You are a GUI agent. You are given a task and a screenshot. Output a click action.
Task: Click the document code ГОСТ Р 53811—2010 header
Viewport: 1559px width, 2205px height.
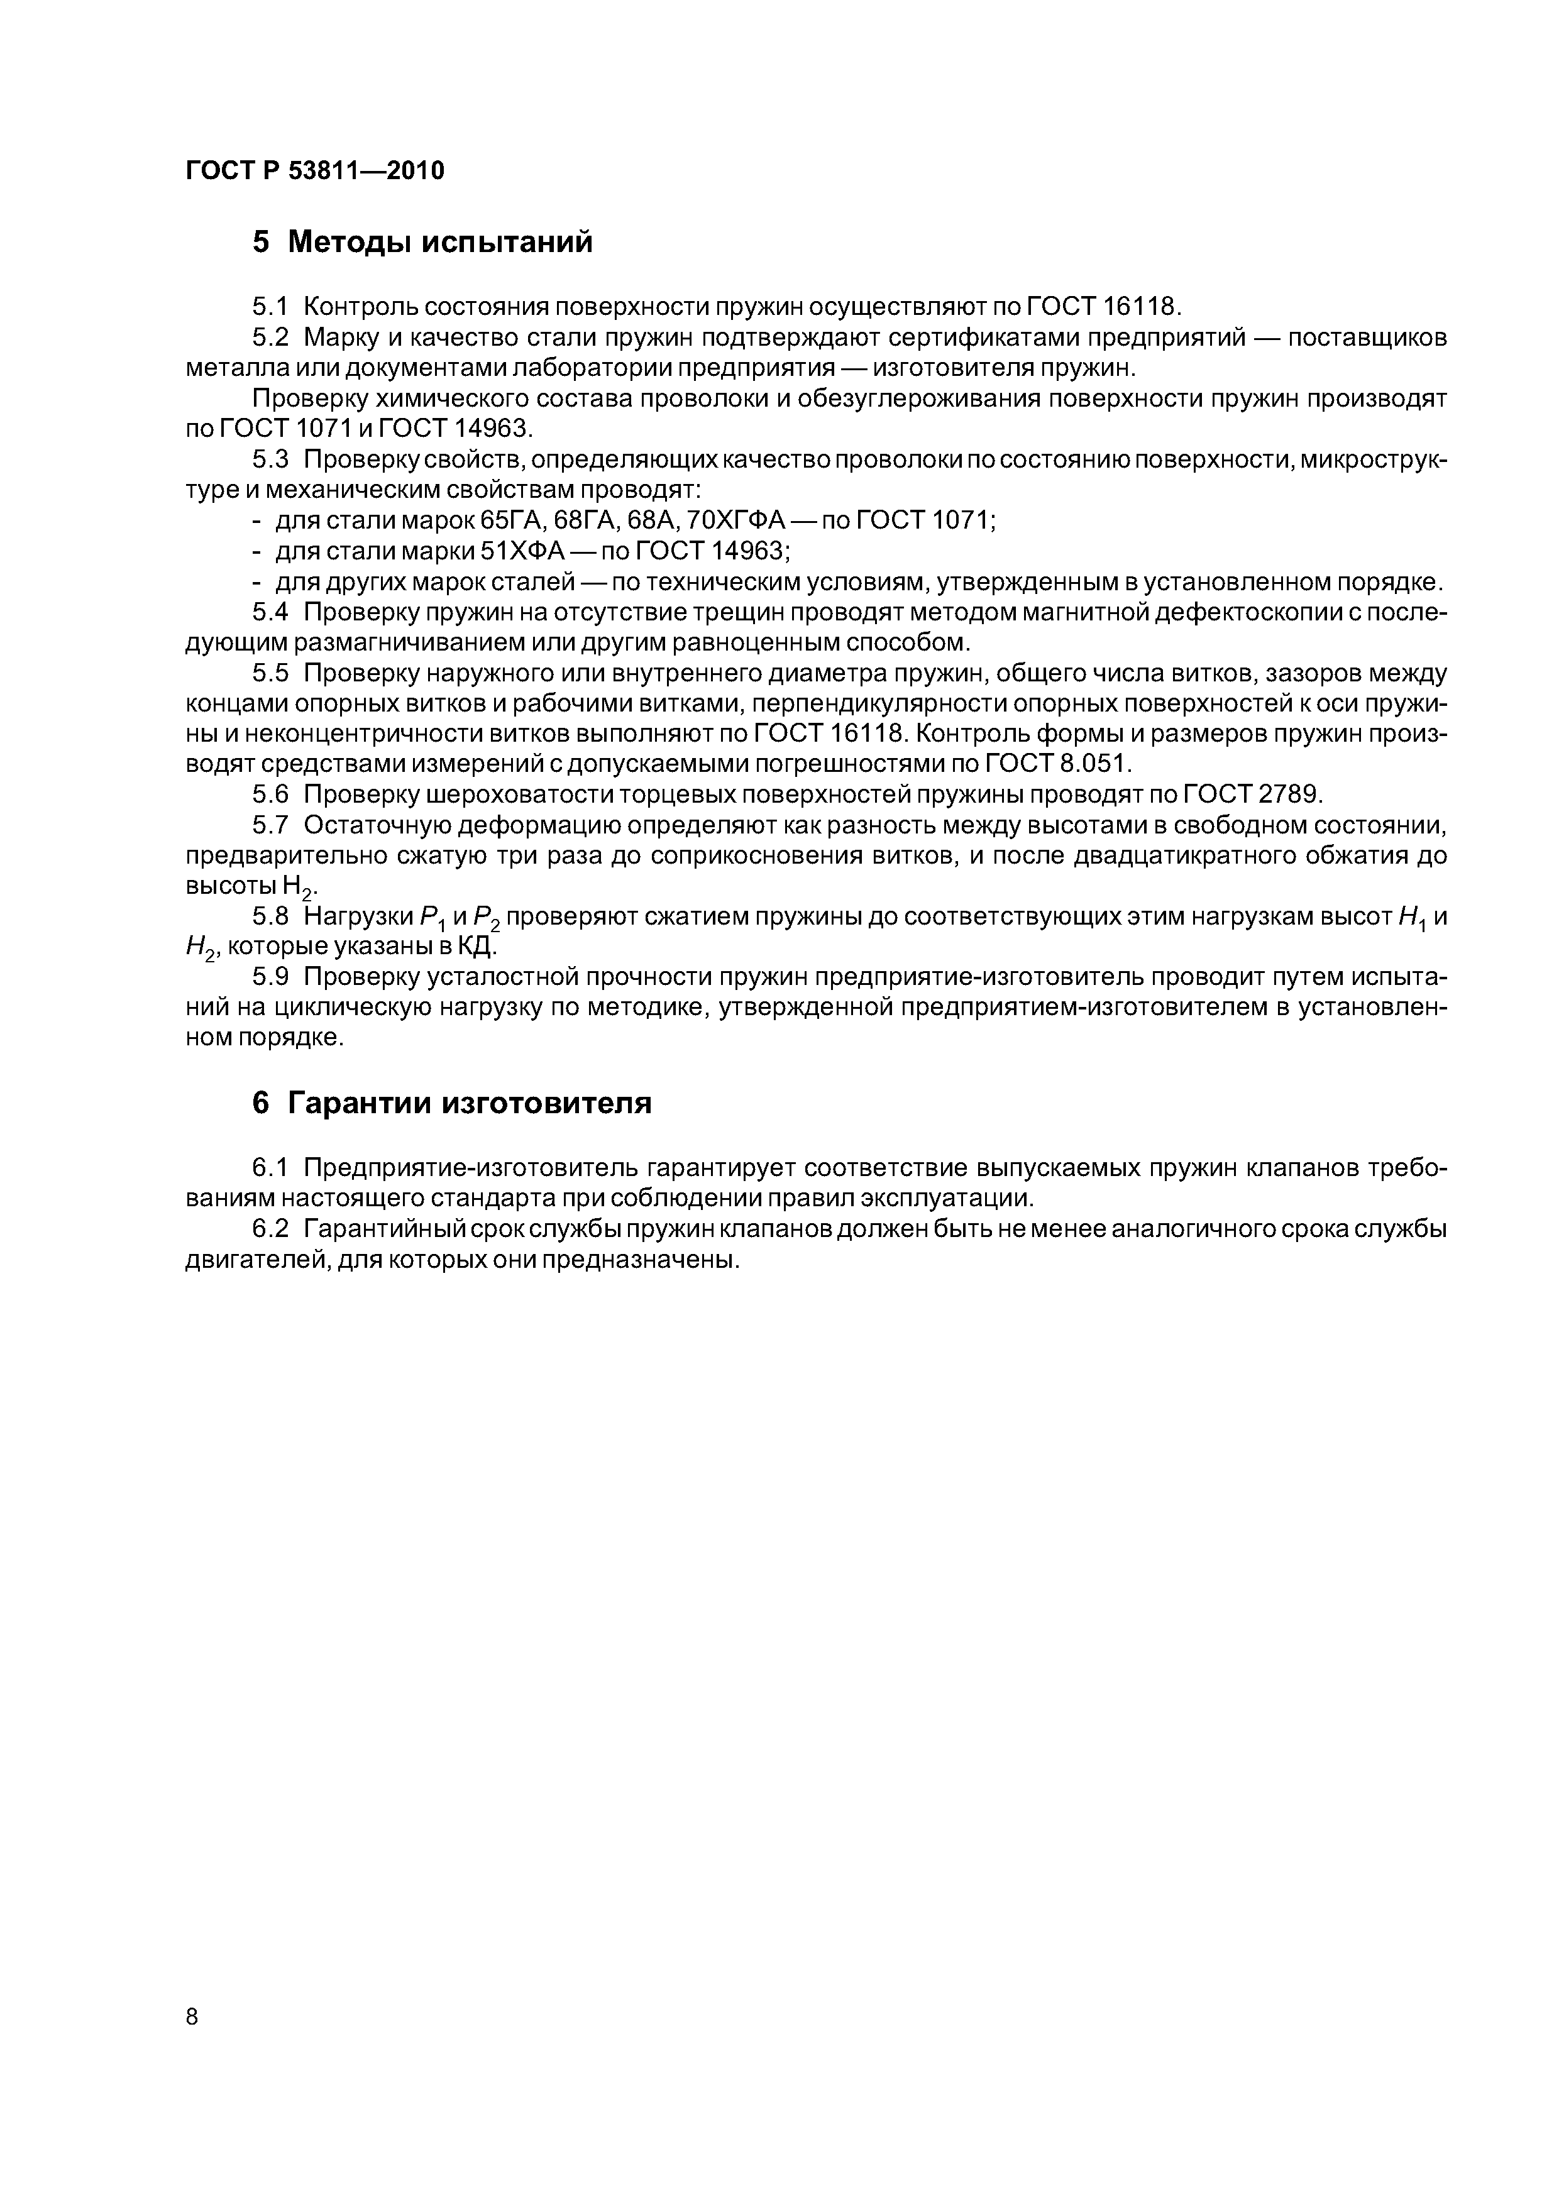(x=315, y=171)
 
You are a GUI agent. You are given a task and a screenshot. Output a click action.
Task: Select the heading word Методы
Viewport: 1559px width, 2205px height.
(x=350, y=242)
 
